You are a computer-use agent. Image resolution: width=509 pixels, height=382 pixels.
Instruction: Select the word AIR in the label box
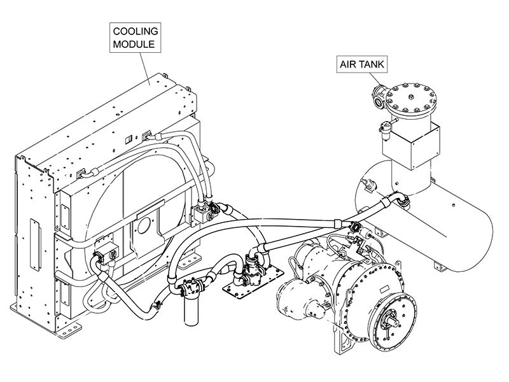(x=349, y=64)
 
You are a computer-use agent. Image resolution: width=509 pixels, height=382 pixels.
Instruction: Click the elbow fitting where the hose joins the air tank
(x=402, y=202)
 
